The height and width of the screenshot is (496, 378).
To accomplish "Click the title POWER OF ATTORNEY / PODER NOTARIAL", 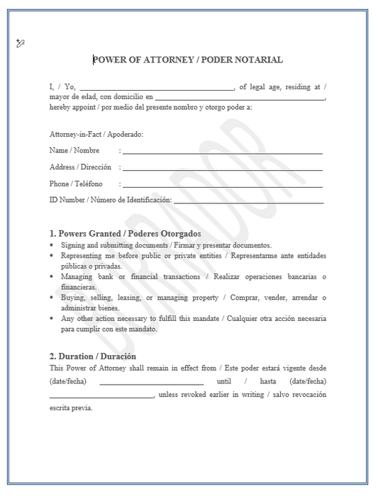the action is coord(188,60).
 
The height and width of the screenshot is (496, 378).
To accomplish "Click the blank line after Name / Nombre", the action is coord(223,152).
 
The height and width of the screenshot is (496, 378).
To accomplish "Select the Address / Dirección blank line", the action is coord(223,169).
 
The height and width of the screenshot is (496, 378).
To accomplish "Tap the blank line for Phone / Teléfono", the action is coord(223,186).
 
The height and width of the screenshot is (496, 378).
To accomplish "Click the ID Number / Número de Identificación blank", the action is coord(248,203).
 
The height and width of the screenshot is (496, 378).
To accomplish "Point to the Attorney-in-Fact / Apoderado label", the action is coord(96,134).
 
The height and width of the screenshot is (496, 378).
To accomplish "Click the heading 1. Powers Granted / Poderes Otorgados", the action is coord(126,233).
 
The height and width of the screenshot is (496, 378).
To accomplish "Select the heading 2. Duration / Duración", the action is coord(93,356).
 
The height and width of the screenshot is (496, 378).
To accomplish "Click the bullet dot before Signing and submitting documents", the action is coord(52,244).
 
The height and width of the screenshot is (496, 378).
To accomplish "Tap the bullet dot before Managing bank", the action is coord(52,276).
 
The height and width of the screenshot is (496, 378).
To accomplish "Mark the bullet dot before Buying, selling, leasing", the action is coord(52,298).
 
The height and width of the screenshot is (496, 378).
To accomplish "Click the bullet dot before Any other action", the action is coord(52,319).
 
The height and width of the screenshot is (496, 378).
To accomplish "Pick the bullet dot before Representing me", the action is coord(52,255).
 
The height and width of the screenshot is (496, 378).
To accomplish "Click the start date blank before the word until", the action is coord(151,383).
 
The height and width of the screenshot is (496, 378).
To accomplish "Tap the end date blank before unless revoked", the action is coord(101,397).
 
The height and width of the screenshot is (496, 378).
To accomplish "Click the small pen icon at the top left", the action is coord(20,43).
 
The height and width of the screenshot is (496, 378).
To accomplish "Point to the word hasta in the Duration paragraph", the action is coord(268,381).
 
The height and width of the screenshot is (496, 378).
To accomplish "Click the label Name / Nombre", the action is coord(74,150).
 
